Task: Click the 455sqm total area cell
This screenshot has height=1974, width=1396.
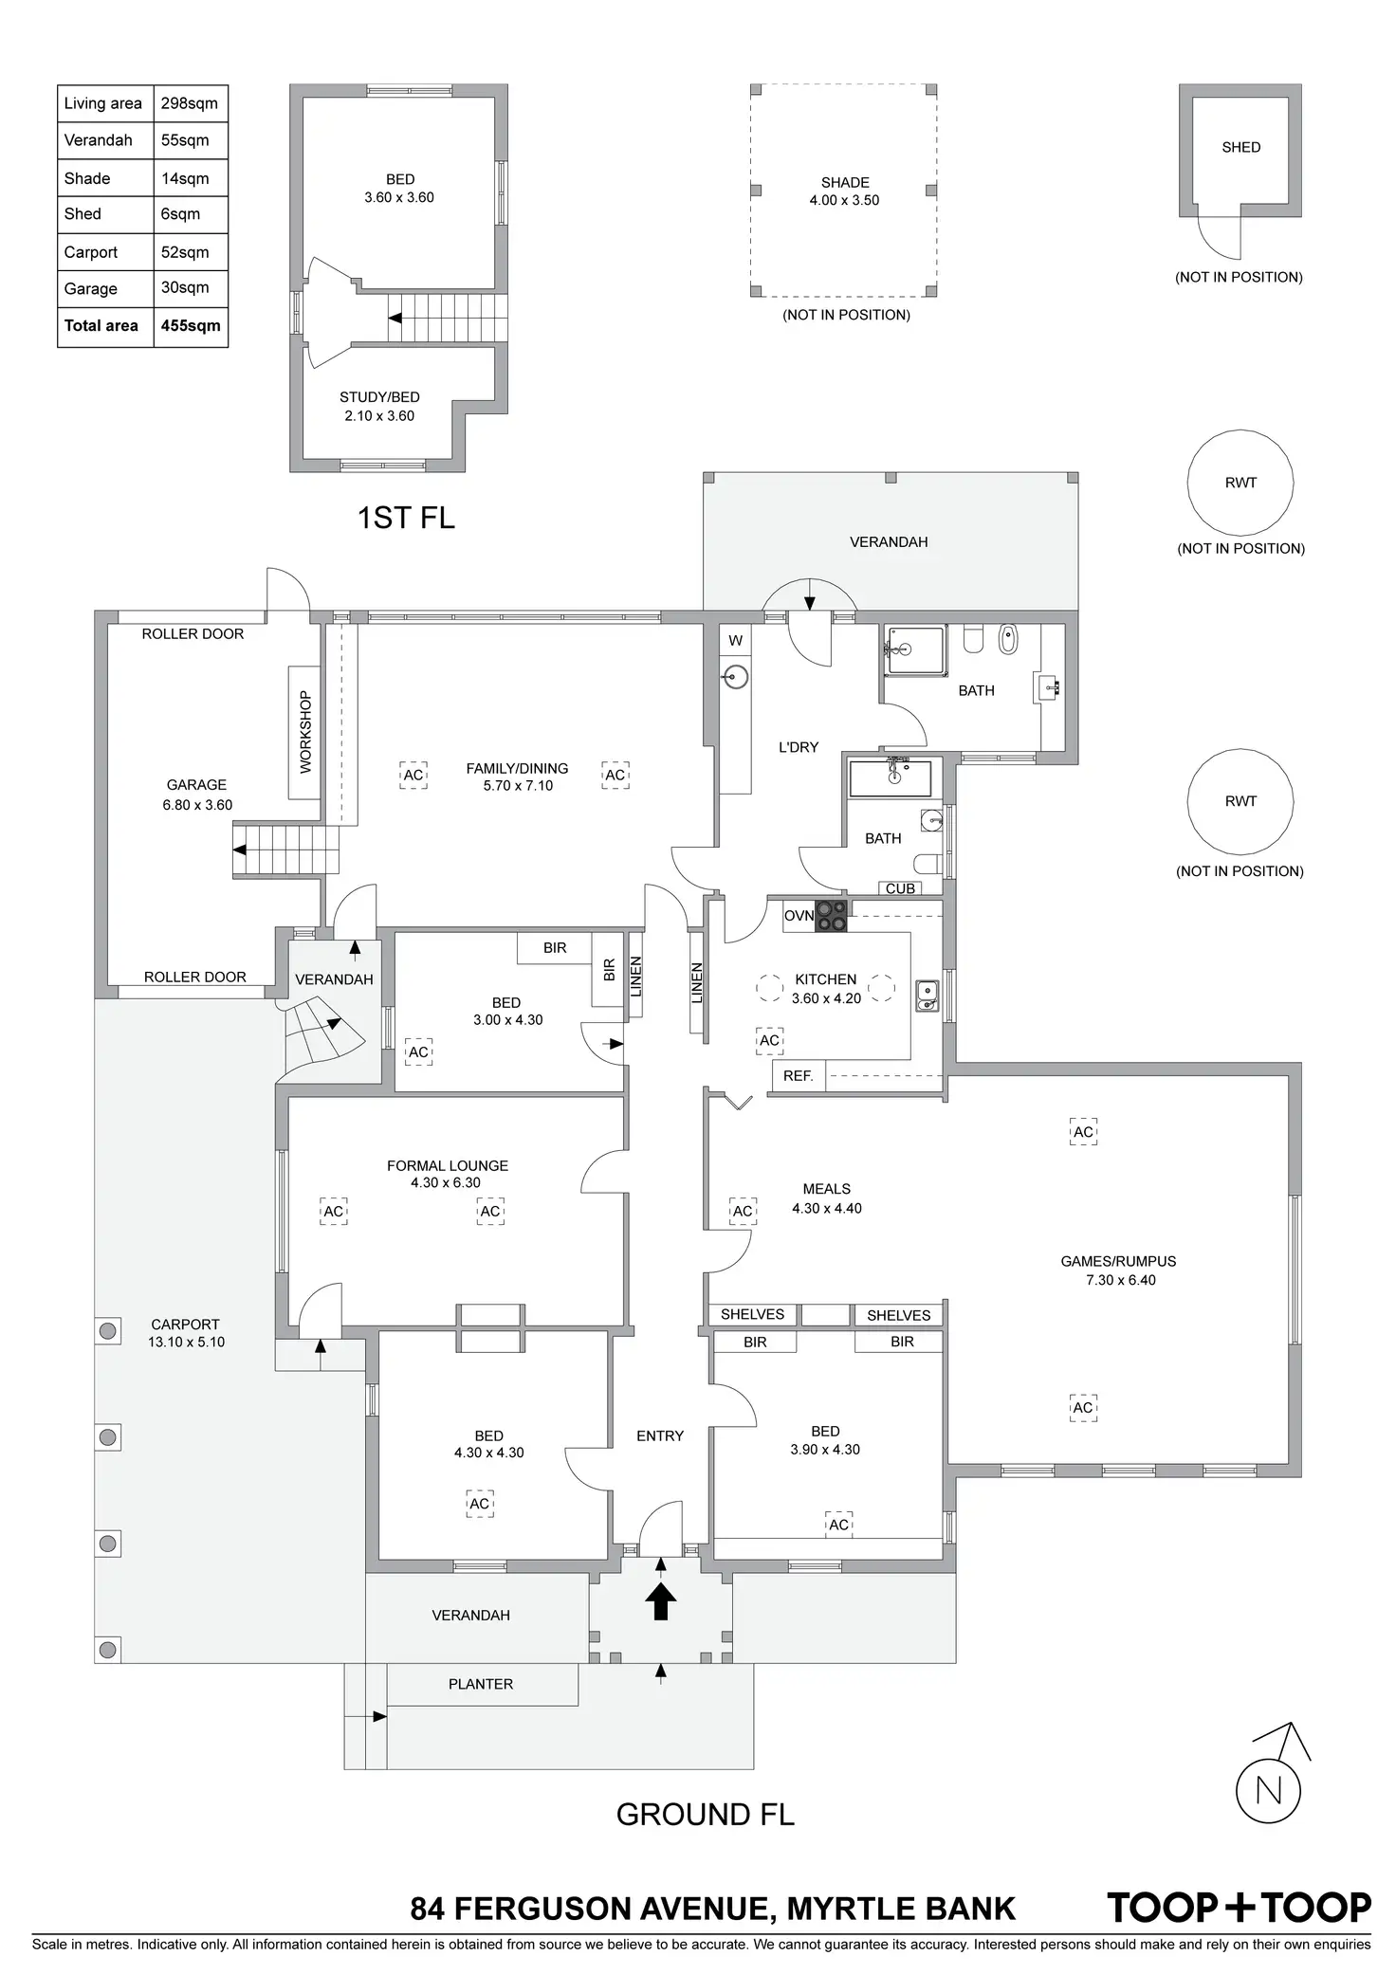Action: pos(191,325)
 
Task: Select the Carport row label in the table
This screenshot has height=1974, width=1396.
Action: pos(91,252)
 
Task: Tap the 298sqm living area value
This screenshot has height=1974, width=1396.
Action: pos(190,103)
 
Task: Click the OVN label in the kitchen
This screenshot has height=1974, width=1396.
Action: pos(799,916)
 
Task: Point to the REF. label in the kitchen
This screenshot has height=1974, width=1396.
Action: pos(799,1076)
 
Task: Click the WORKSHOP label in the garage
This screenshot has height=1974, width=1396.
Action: pos(305,732)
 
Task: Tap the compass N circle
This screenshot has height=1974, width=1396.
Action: pos(1268,1791)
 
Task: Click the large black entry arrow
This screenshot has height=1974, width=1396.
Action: pos(660,1601)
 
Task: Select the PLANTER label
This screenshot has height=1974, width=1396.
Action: pos(481,1684)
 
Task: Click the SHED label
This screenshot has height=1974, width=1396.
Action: pos(1240,147)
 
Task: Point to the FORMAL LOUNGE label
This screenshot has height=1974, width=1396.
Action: pos(447,1165)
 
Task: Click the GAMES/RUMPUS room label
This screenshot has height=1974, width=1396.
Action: pos(1118,1261)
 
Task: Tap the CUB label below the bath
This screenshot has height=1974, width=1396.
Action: pos(900,888)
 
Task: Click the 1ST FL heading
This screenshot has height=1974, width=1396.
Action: pos(406,518)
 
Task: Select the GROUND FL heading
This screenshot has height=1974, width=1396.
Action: pos(705,1814)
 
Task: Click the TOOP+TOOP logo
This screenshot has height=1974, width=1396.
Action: pos(1239,1908)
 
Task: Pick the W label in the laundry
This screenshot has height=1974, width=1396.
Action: pos(735,641)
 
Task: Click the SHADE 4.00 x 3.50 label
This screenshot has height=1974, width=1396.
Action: pos(844,191)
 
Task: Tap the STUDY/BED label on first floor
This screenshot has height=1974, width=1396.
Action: pos(379,397)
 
